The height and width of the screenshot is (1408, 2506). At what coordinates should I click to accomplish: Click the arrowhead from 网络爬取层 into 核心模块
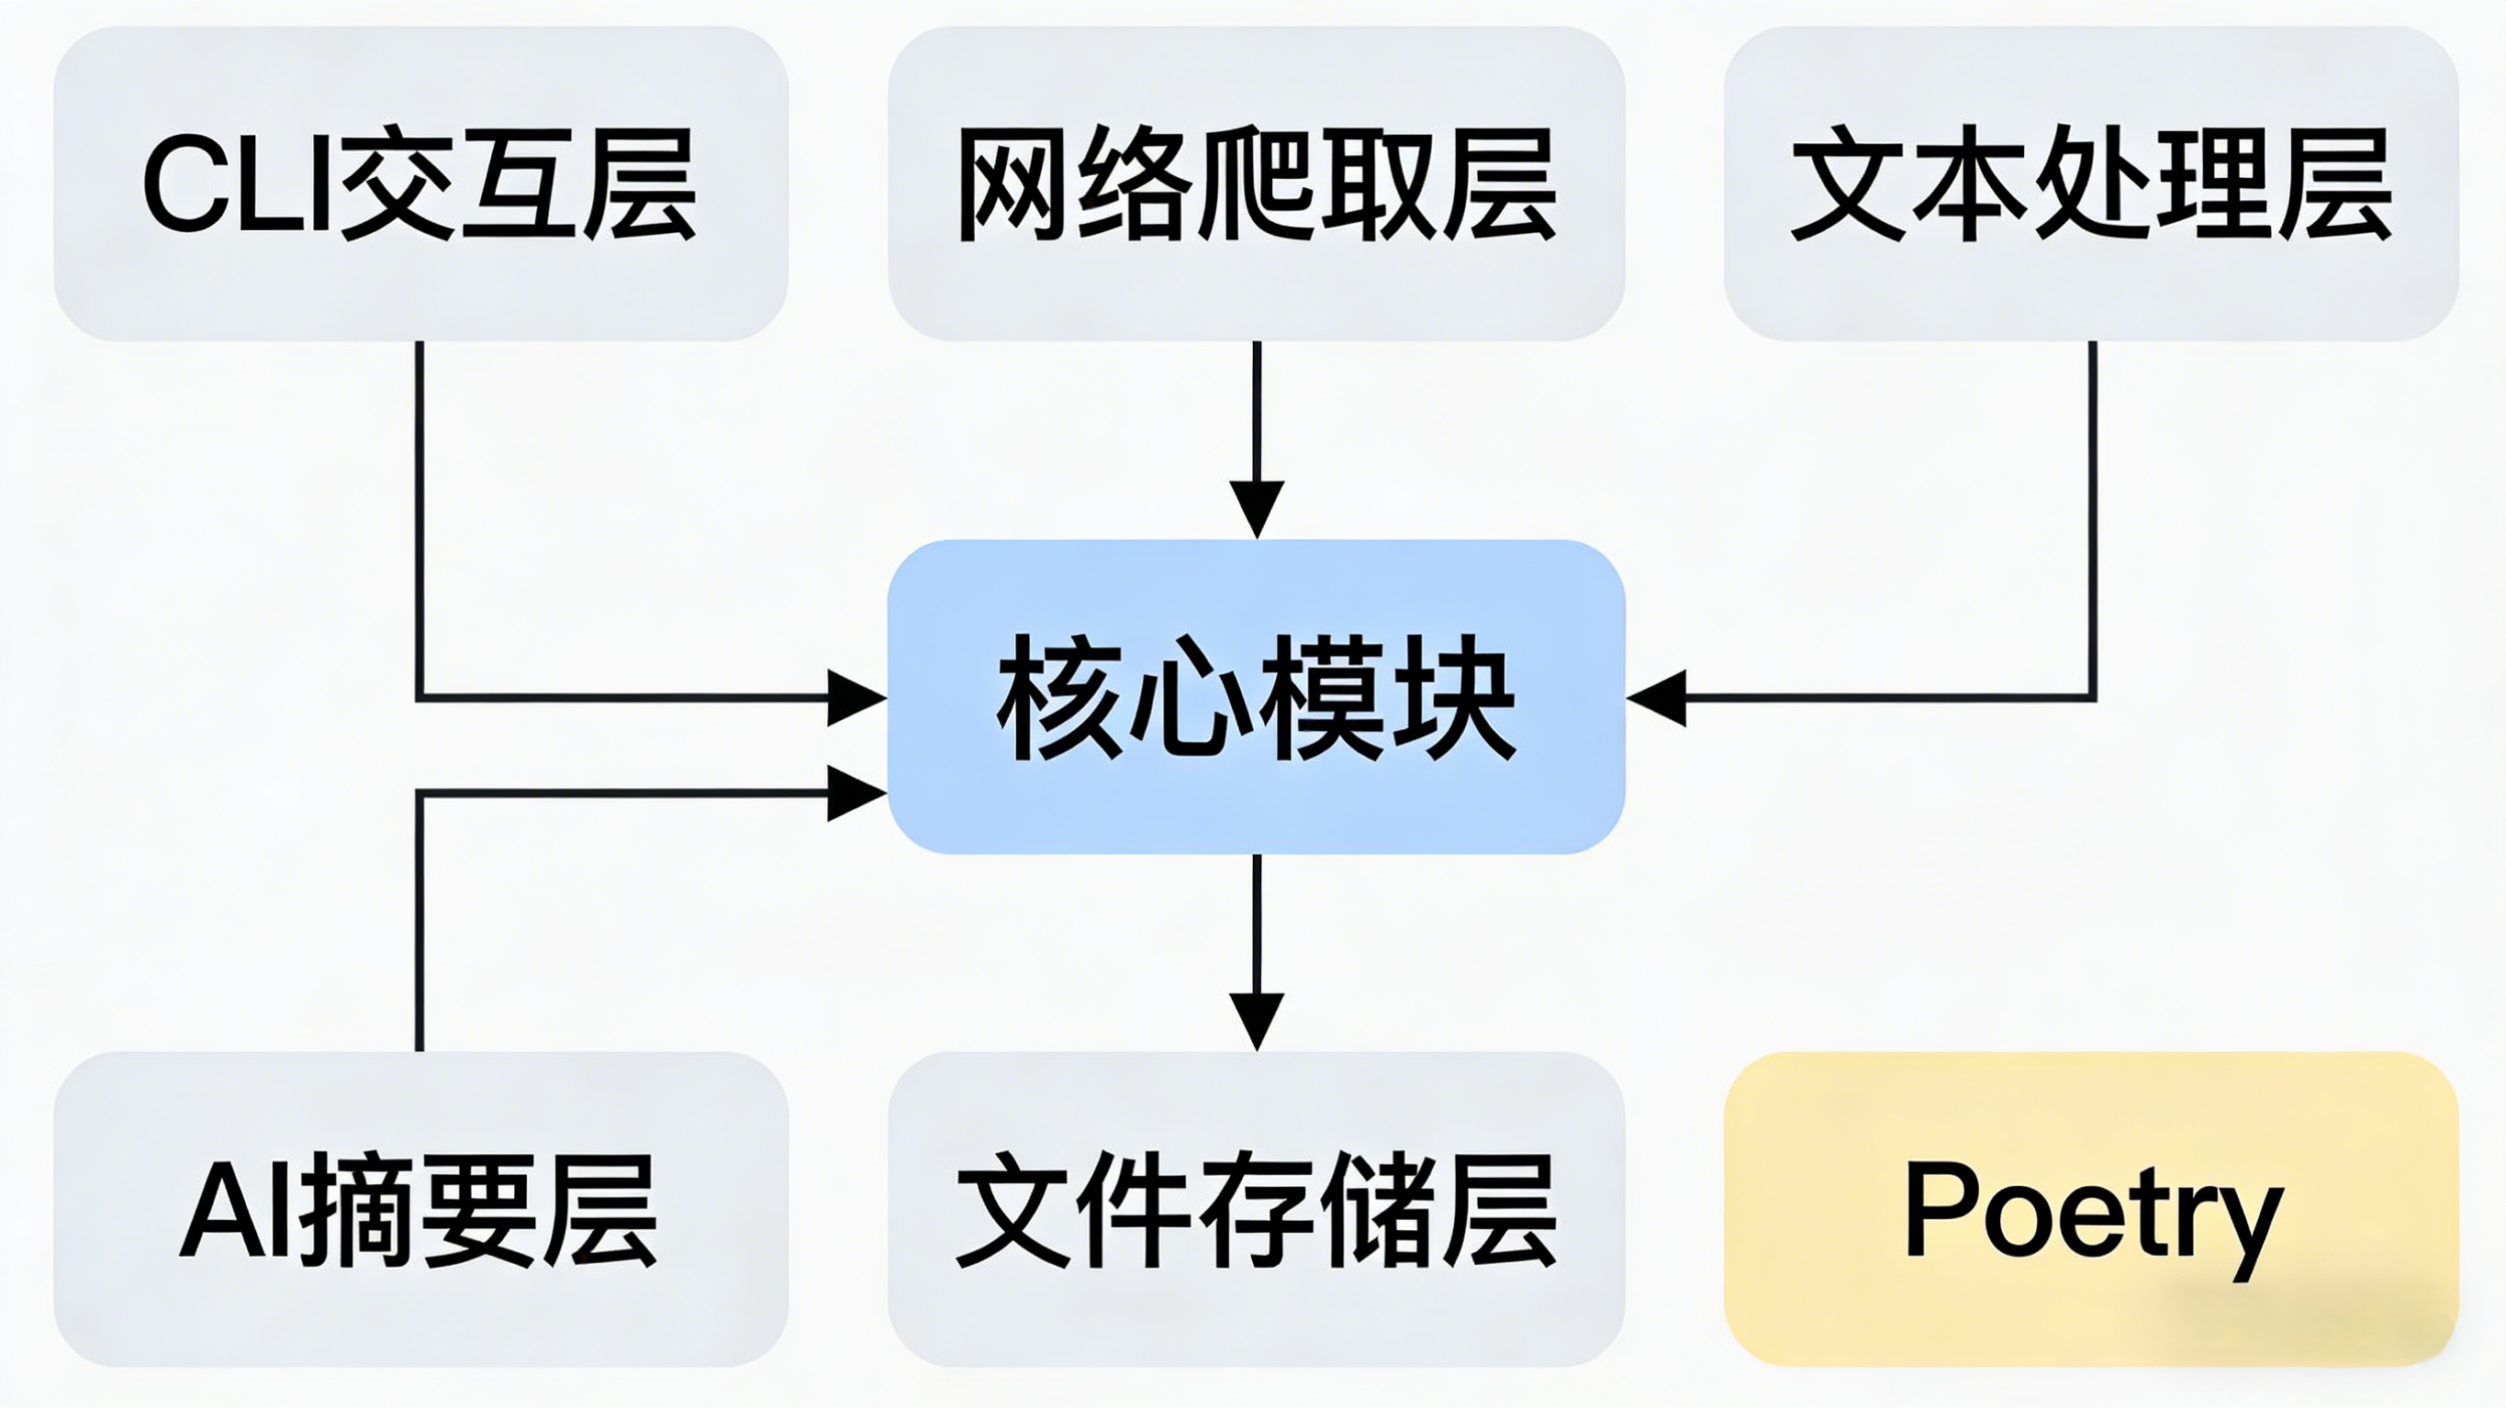coord(1256,507)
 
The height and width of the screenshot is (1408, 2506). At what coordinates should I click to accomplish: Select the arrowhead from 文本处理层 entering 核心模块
coord(1657,697)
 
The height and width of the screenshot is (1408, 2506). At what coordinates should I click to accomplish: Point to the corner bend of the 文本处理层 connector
coord(2092,697)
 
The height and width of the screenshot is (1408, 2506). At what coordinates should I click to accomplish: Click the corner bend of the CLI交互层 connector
coord(420,697)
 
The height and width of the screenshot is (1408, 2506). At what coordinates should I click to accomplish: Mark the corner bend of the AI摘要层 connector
coord(420,793)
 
